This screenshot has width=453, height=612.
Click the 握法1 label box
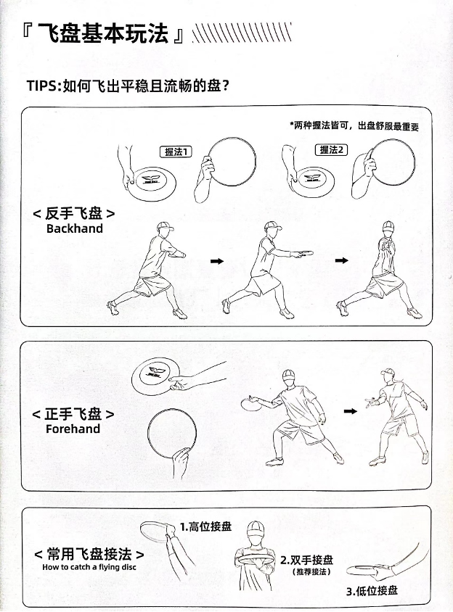(x=176, y=152)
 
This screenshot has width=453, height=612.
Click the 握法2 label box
(x=331, y=149)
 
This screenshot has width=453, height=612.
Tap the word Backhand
(x=75, y=228)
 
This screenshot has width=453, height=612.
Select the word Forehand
(x=73, y=429)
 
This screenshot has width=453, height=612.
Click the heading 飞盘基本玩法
(x=103, y=33)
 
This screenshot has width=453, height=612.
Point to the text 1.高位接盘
(x=206, y=526)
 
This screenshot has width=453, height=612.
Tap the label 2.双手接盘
(x=307, y=560)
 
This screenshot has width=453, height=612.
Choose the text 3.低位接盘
(x=372, y=590)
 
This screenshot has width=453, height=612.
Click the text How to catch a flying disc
(x=89, y=567)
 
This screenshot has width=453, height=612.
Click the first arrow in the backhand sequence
(x=217, y=261)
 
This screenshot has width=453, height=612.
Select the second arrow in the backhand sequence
(x=342, y=260)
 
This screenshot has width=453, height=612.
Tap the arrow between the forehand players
(x=350, y=411)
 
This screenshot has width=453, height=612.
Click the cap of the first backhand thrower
(x=165, y=226)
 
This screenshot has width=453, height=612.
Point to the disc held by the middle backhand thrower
(x=305, y=254)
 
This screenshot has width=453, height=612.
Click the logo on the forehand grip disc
(x=154, y=372)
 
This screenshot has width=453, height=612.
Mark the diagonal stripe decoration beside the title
(x=242, y=33)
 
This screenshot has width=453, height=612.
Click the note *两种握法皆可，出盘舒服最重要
(x=354, y=125)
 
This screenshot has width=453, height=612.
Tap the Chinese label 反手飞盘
(x=74, y=213)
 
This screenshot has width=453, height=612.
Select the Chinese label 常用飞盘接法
(x=89, y=554)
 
